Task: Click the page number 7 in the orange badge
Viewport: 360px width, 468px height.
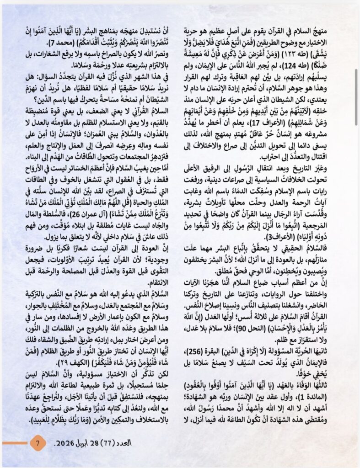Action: (x=38, y=443)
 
